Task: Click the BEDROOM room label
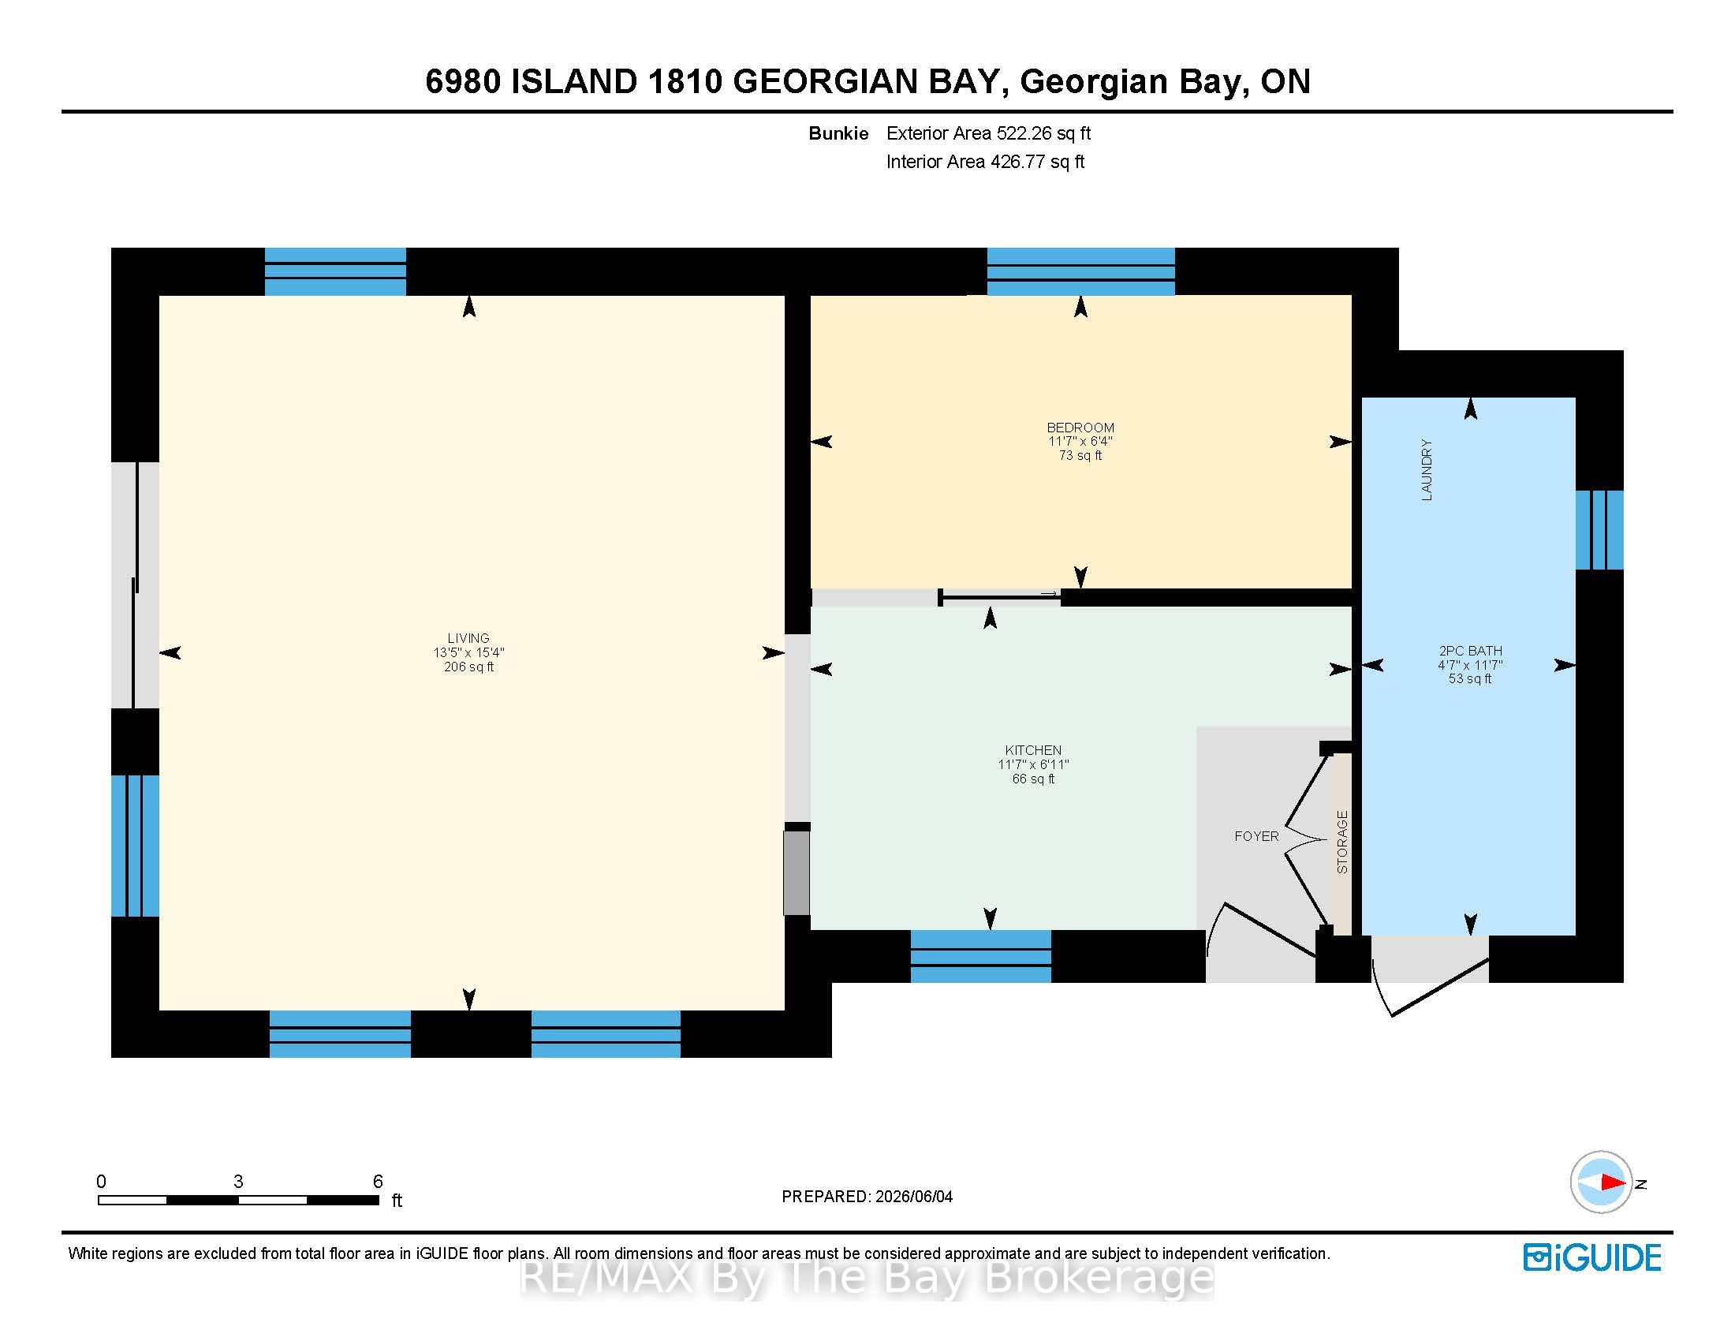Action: click(1080, 428)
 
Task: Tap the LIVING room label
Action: click(468, 638)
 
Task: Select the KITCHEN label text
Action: click(1033, 750)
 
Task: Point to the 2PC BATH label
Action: click(1470, 651)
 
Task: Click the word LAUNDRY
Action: click(1427, 469)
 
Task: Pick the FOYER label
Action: click(1256, 835)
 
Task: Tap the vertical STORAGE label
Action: click(1342, 842)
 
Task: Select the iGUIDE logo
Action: click(1592, 1257)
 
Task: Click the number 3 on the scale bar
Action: click(238, 1182)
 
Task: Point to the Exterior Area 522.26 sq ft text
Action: click(988, 133)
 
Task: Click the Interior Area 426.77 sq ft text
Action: click(985, 162)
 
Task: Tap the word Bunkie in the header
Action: click(838, 133)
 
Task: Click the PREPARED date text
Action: click(867, 1197)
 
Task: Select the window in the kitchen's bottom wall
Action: click(980, 957)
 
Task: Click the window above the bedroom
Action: click(1080, 271)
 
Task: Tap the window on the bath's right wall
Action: click(1599, 530)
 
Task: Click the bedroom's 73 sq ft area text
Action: click(1080, 455)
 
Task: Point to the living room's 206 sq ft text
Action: click(468, 667)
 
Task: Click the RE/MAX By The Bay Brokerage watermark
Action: click(867, 1277)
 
